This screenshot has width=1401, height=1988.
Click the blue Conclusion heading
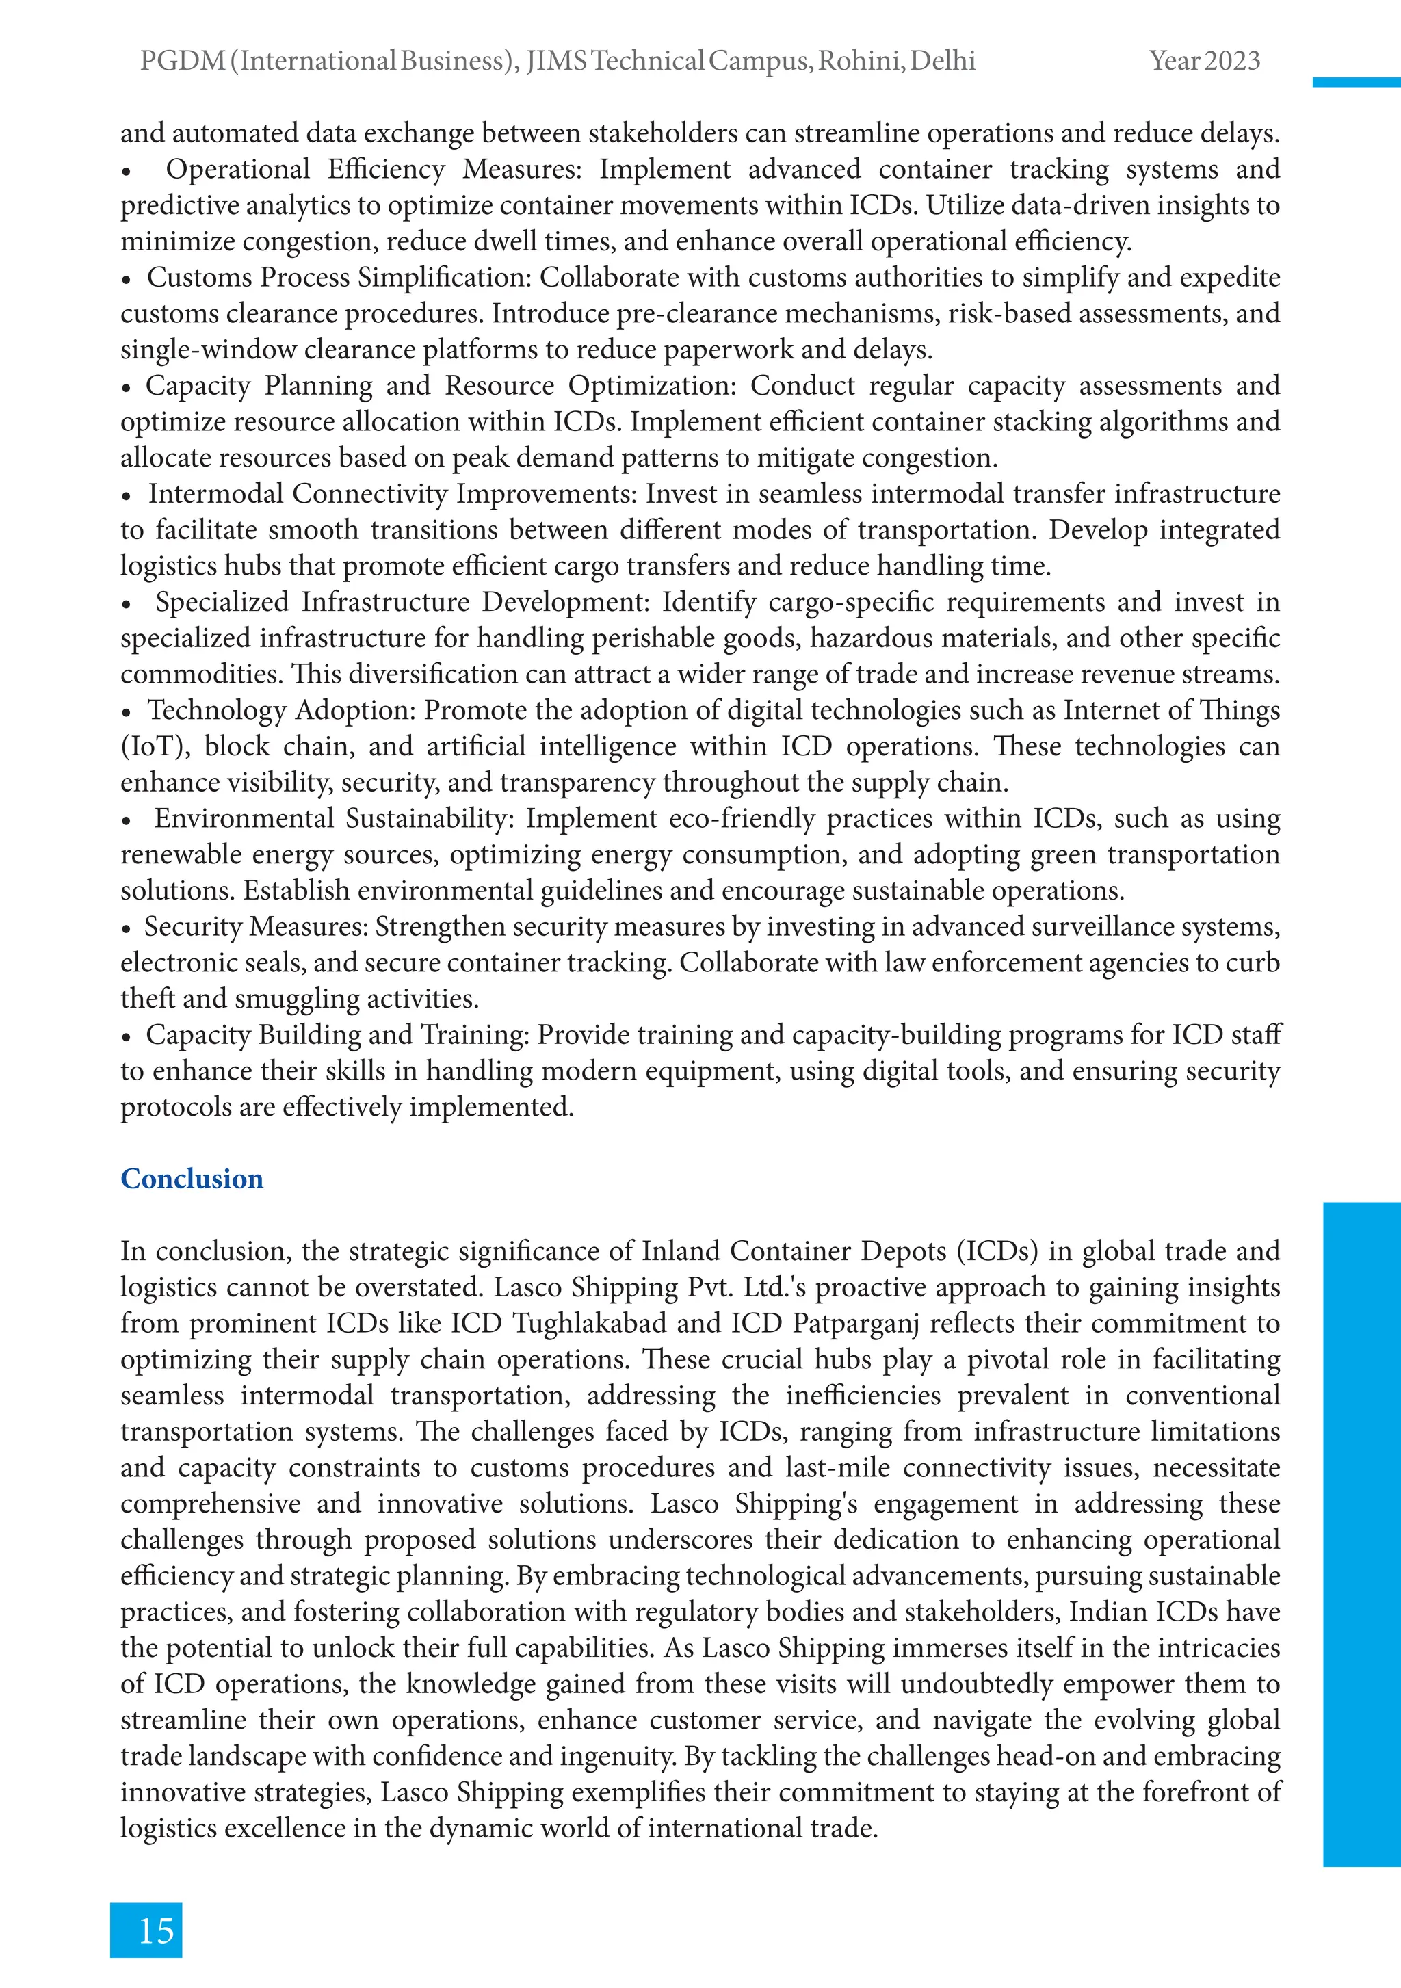pos(192,1179)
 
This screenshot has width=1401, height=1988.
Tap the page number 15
pos(156,1931)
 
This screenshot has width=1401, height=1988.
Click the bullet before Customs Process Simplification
pos(127,280)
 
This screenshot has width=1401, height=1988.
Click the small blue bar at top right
pos(1356,82)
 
